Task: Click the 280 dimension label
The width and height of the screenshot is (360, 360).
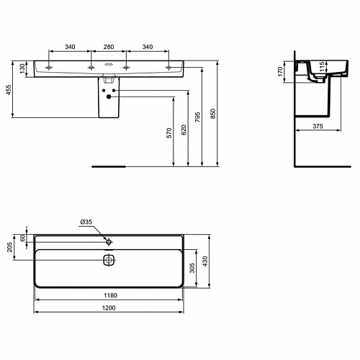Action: click(109, 47)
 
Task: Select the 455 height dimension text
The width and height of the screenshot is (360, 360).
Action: click(9, 90)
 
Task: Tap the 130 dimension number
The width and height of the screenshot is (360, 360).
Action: click(22, 68)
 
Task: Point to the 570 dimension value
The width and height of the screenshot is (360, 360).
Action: click(169, 133)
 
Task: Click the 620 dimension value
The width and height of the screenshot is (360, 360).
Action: click(184, 130)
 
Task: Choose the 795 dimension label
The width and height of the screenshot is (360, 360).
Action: click(198, 117)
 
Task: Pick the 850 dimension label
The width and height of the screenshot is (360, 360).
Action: click(213, 114)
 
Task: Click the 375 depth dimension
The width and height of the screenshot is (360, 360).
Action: click(318, 126)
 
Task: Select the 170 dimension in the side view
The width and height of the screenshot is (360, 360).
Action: click(280, 72)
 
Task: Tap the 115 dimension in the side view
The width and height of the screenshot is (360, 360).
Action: click(323, 66)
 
